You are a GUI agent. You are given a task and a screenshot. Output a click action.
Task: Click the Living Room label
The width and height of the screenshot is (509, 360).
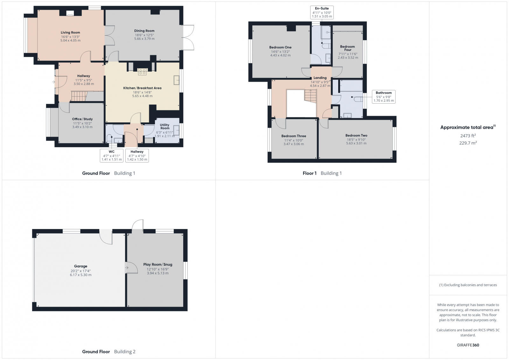(70, 32)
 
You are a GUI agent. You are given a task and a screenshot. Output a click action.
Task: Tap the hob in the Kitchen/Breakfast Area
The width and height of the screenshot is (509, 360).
(142, 72)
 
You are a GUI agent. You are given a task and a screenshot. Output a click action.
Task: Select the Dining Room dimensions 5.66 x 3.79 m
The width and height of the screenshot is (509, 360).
(144, 39)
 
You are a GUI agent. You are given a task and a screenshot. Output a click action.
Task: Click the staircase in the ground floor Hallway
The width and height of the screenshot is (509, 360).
(79, 96)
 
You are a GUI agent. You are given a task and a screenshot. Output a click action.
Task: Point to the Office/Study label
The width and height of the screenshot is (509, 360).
(82, 119)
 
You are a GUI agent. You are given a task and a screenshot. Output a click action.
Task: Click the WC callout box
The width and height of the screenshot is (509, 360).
(111, 156)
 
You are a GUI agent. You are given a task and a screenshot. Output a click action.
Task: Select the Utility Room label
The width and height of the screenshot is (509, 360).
(164, 127)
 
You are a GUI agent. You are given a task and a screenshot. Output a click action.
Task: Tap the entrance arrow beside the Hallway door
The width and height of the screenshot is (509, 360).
(53, 82)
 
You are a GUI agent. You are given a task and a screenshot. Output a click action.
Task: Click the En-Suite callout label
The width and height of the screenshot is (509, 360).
(322, 8)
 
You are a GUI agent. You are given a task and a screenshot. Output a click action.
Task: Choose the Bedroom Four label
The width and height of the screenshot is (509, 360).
(347, 48)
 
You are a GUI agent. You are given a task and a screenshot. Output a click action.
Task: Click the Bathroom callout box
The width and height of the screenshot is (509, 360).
(383, 97)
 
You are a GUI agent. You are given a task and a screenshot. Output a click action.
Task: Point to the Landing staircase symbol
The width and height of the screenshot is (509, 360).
(310, 96)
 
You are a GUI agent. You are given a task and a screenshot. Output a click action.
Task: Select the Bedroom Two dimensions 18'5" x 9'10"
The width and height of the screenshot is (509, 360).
(356, 139)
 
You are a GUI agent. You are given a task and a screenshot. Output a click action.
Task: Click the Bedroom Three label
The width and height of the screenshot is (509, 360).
(294, 136)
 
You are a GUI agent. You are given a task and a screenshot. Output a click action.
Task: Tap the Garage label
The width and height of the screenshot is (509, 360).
(80, 266)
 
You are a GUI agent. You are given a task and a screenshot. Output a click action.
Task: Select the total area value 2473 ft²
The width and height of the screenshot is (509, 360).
(468, 136)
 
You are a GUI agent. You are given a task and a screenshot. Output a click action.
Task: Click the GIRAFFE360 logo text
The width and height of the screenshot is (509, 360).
(468, 345)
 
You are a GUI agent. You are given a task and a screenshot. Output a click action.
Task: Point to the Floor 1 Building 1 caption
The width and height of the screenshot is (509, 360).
(322, 173)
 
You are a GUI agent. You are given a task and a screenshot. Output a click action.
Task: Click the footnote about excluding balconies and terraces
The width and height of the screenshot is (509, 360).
(468, 285)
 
